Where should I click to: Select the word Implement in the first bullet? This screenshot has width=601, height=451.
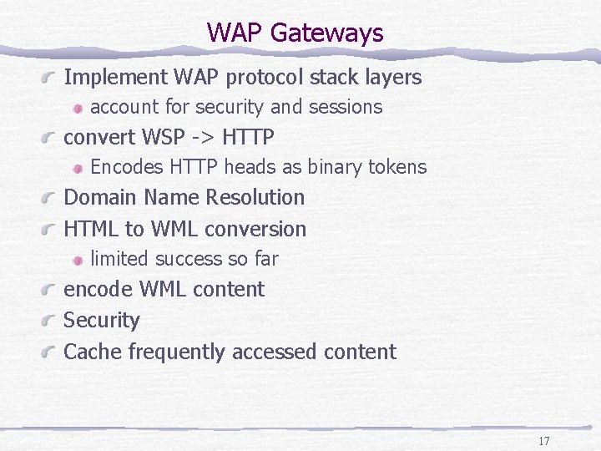[x=116, y=78]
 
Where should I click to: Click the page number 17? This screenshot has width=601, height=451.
[x=543, y=441]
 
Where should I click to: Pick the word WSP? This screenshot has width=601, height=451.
[x=165, y=136]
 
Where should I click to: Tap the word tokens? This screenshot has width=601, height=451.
[x=399, y=167]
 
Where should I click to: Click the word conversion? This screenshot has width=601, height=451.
[x=255, y=229]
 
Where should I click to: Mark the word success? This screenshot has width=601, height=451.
[x=194, y=259]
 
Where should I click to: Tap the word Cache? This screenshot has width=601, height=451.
[x=93, y=352]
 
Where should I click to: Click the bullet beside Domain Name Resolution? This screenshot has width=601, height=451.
[x=51, y=199]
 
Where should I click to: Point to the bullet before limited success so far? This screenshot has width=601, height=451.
[x=77, y=260]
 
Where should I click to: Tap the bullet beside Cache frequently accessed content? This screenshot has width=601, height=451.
[x=51, y=352]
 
